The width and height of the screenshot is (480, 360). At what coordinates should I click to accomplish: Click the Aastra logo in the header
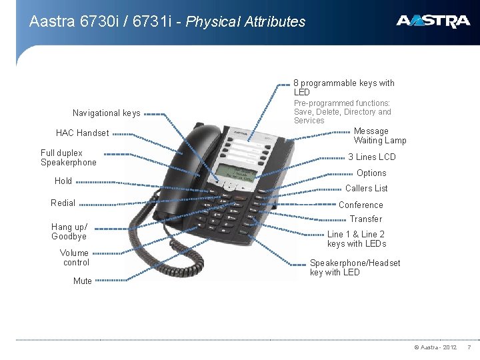click(x=433, y=22)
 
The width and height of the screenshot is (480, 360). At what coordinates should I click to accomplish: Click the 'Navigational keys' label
click(x=106, y=113)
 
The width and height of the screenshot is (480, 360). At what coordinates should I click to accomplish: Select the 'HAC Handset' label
click(x=82, y=133)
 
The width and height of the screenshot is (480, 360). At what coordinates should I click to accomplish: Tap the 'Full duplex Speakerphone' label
click(x=68, y=158)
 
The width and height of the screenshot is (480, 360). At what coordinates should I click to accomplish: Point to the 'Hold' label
click(x=63, y=181)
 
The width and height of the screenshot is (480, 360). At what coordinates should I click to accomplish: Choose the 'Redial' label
click(x=63, y=203)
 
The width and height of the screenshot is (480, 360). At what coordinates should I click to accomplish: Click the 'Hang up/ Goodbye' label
click(x=69, y=231)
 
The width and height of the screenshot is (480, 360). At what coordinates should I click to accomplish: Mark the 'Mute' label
click(x=83, y=281)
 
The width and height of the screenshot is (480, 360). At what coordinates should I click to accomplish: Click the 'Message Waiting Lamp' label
click(x=379, y=136)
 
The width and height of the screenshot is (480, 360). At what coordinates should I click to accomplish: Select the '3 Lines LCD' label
click(x=372, y=157)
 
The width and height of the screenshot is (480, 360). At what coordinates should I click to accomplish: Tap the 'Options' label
click(x=371, y=173)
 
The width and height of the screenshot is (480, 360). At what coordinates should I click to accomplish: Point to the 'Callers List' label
click(x=366, y=189)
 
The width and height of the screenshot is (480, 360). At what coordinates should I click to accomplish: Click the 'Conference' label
click(x=361, y=205)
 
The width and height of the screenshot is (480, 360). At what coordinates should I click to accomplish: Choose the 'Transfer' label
click(x=366, y=219)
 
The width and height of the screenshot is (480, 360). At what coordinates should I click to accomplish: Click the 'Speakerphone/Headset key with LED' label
click(x=355, y=267)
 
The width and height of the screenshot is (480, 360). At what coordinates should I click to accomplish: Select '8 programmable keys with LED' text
click(x=344, y=87)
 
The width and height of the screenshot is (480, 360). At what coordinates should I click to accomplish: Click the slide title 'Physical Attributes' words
click(x=245, y=22)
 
